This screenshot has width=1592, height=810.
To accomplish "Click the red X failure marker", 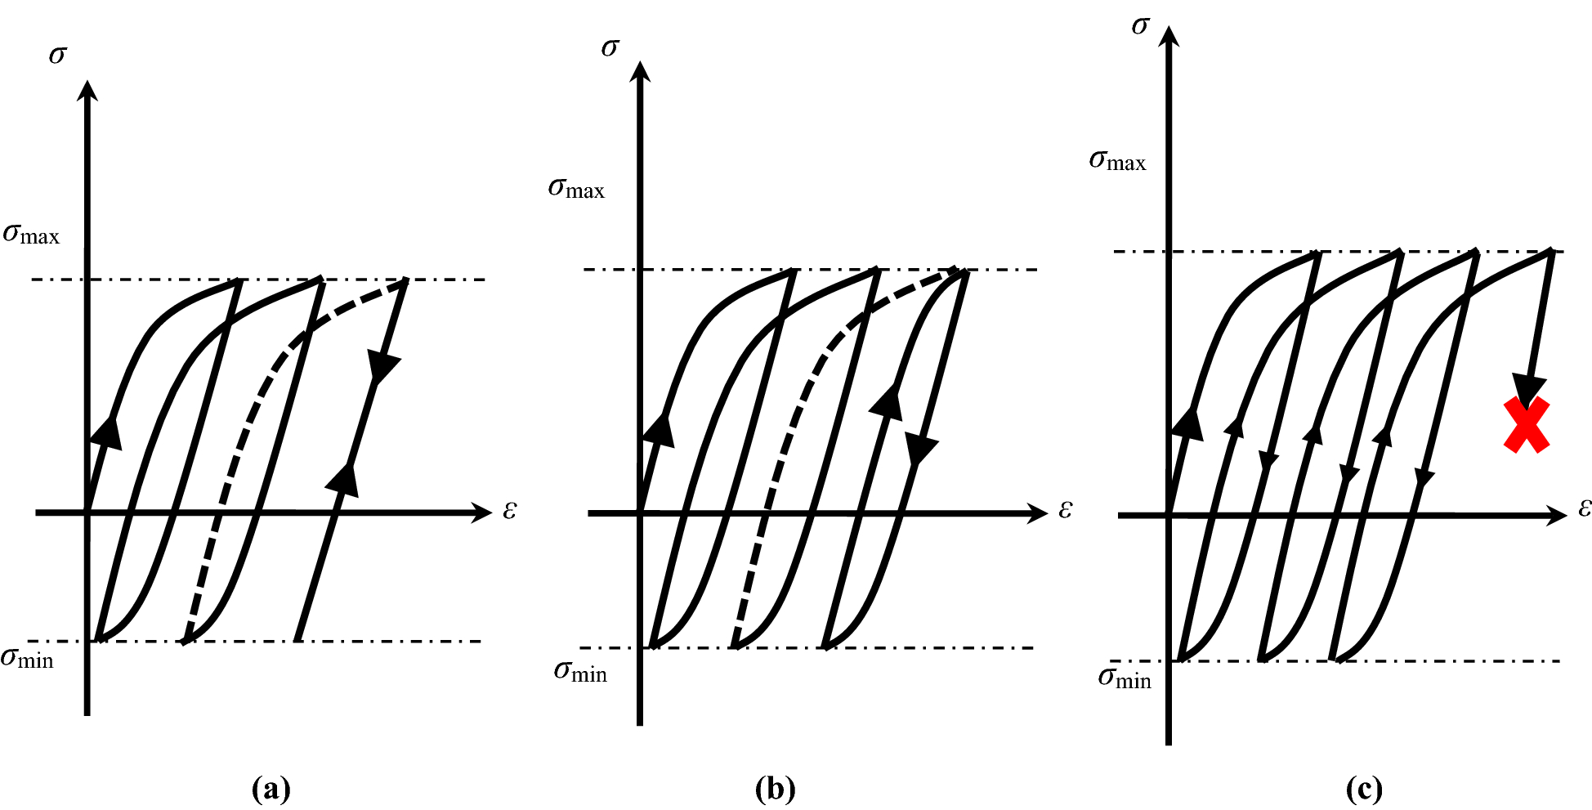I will [1526, 425].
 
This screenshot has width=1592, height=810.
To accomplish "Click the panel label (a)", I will [271, 790].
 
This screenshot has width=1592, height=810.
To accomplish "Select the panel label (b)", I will [775, 790].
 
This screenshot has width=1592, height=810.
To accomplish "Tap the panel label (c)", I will [1363, 790].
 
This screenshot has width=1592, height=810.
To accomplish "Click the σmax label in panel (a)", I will [31, 235].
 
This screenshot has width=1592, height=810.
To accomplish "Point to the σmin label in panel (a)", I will [27, 658].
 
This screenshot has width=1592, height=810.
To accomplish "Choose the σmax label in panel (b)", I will [576, 189].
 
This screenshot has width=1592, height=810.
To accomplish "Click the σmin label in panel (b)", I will [580, 672].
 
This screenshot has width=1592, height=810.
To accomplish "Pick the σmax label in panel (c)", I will [1117, 160].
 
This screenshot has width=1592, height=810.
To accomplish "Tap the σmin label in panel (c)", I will [1125, 678].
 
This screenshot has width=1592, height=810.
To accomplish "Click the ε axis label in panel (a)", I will [510, 510].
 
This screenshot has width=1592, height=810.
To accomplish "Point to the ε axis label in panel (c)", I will [1585, 508].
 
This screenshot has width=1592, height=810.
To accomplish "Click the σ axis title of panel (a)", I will [57, 55].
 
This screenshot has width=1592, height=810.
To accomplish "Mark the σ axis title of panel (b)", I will [610, 47].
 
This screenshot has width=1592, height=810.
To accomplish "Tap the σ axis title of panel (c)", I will [1140, 26].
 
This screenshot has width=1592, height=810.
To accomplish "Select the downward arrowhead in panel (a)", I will [382, 367].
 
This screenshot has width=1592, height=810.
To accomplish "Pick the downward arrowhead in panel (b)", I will [921, 449].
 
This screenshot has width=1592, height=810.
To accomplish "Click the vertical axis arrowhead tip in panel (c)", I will [1169, 29].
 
